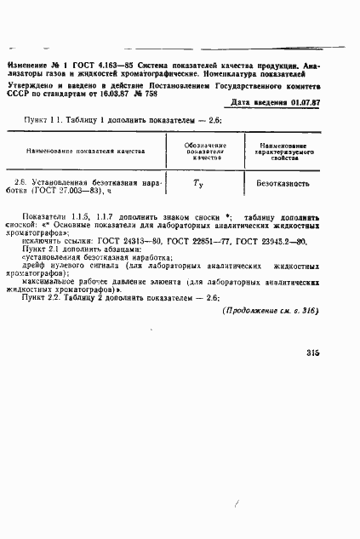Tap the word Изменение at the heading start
pyautogui.click(x=26, y=65)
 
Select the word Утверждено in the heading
pyautogui.click(x=31, y=84)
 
